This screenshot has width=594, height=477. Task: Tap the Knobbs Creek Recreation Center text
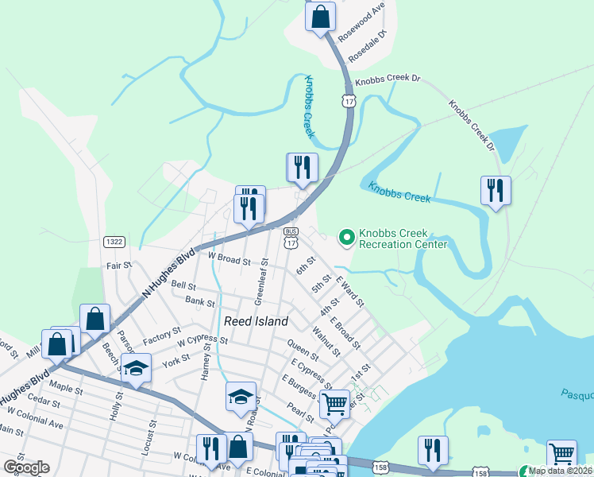(x=403, y=238)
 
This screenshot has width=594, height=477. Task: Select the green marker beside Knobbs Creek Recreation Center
(x=346, y=236)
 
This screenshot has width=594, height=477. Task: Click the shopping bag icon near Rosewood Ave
(x=320, y=17)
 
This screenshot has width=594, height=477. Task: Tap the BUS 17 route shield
(x=291, y=236)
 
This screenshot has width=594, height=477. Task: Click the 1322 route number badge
(x=114, y=241)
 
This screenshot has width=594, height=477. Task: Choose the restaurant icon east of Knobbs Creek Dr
(x=496, y=191)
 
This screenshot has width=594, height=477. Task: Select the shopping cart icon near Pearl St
(x=334, y=403)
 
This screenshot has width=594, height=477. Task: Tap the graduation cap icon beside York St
(x=136, y=368)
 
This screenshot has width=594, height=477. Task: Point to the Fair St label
(x=118, y=266)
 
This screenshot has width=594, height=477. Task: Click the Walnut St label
(x=326, y=341)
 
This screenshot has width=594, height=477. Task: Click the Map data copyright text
(x=561, y=471)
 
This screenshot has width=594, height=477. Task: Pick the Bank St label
(x=199, y=302)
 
